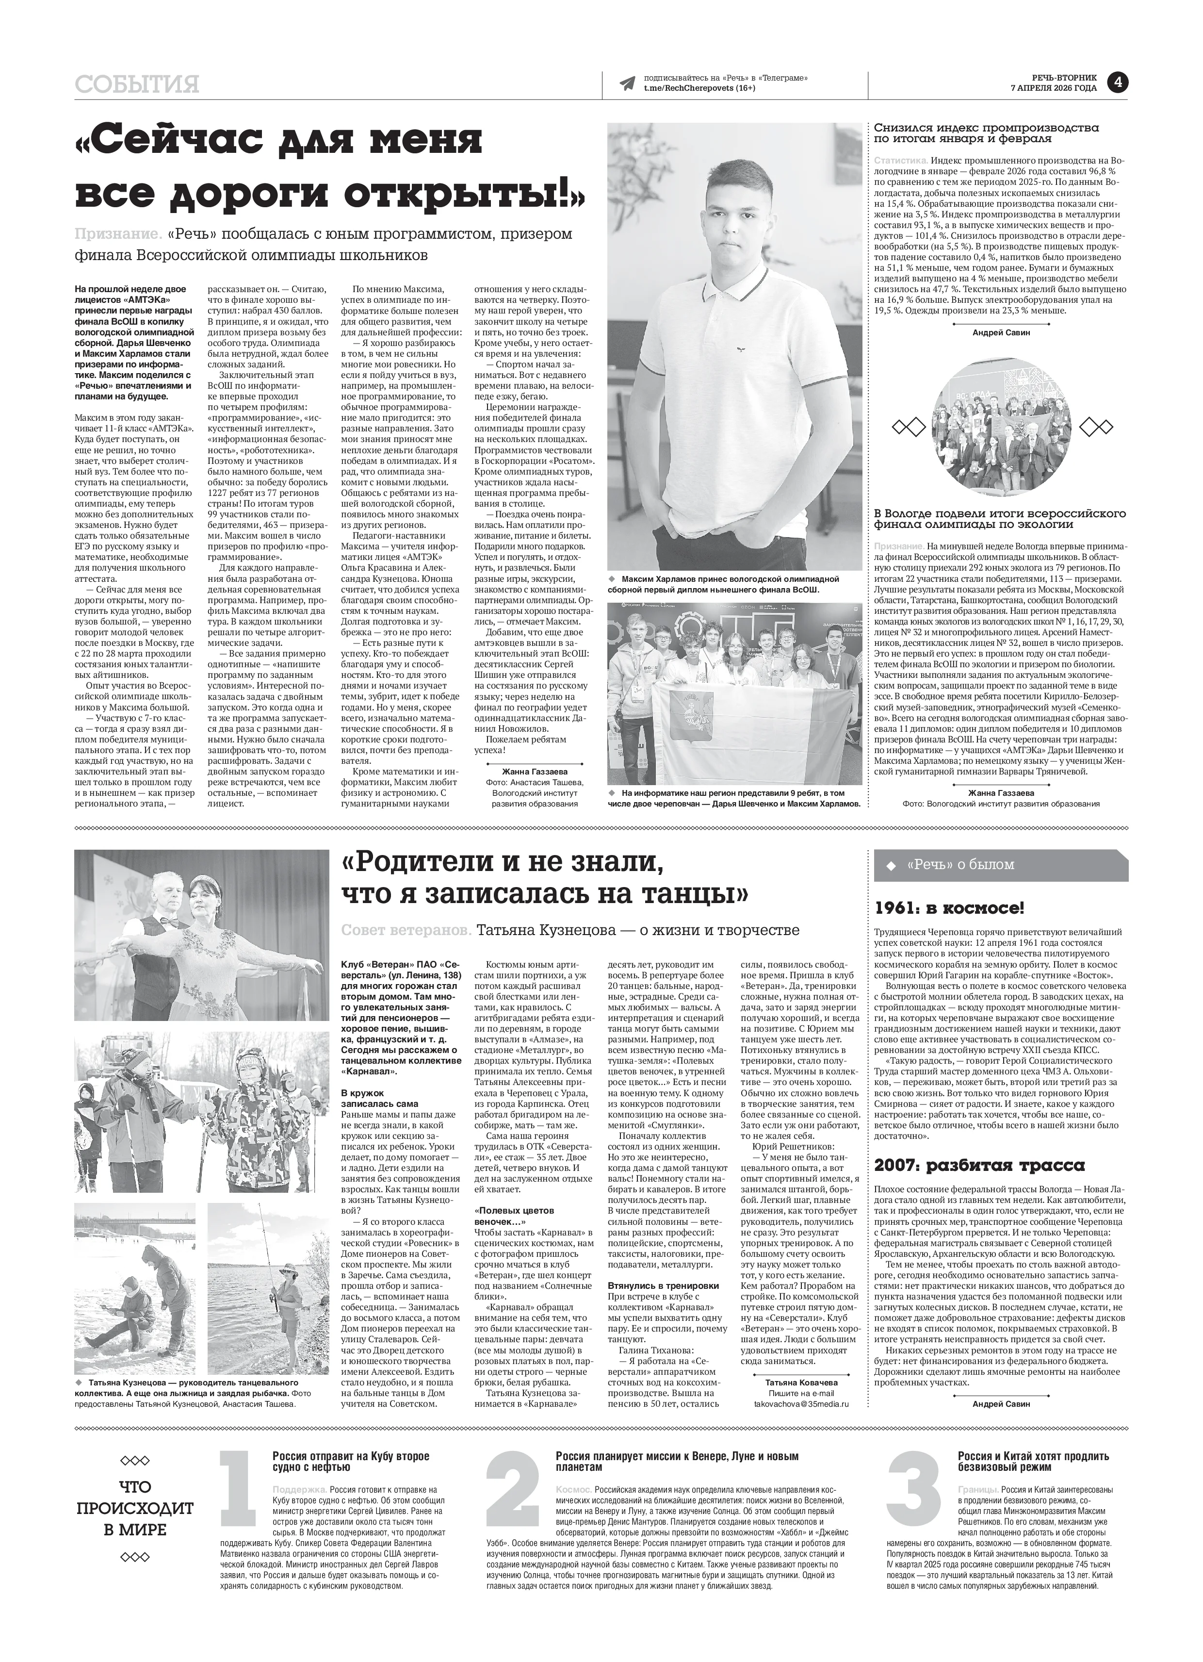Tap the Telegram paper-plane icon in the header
[627, 83]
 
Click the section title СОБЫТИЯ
[137, 85]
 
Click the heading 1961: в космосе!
[949, 909]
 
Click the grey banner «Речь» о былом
[1000, 865]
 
